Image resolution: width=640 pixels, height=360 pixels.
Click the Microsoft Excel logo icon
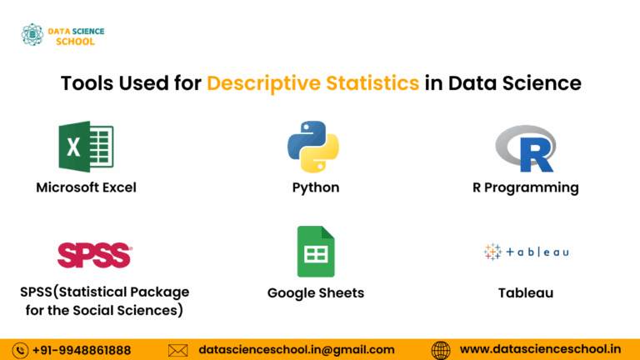(x=86, y=147)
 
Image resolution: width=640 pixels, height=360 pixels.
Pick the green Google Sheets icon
(x=316, y=252)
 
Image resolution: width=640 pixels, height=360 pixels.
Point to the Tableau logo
(x=526, y=252)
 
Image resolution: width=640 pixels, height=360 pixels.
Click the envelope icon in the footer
(x=178, y=350)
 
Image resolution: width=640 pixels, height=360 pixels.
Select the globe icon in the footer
(x=441, y=350)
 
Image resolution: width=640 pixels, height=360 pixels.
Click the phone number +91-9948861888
(x=82, y=350)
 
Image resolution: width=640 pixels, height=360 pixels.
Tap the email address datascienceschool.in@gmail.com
(x=297, y=350)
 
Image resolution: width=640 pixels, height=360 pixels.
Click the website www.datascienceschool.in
(x=541, y=350)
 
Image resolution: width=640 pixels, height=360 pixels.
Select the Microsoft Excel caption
(x=86, y=187)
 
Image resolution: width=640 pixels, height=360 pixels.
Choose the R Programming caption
(x=525, y=187)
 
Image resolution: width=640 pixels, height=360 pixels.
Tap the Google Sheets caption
(x=316, y=292)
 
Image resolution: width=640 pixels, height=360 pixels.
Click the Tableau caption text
(x=526, y=292)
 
